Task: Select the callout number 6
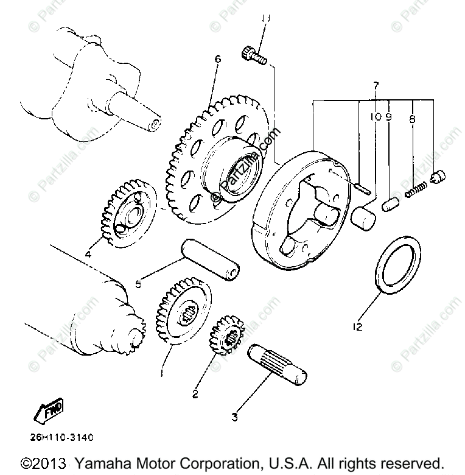[218, 60]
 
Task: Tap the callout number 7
[376, 85]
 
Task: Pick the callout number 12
[357, 327]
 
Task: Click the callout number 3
[234, 417]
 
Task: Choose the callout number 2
[195, 394]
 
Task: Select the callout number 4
[89, 254]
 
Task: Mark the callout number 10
[375, 117]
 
